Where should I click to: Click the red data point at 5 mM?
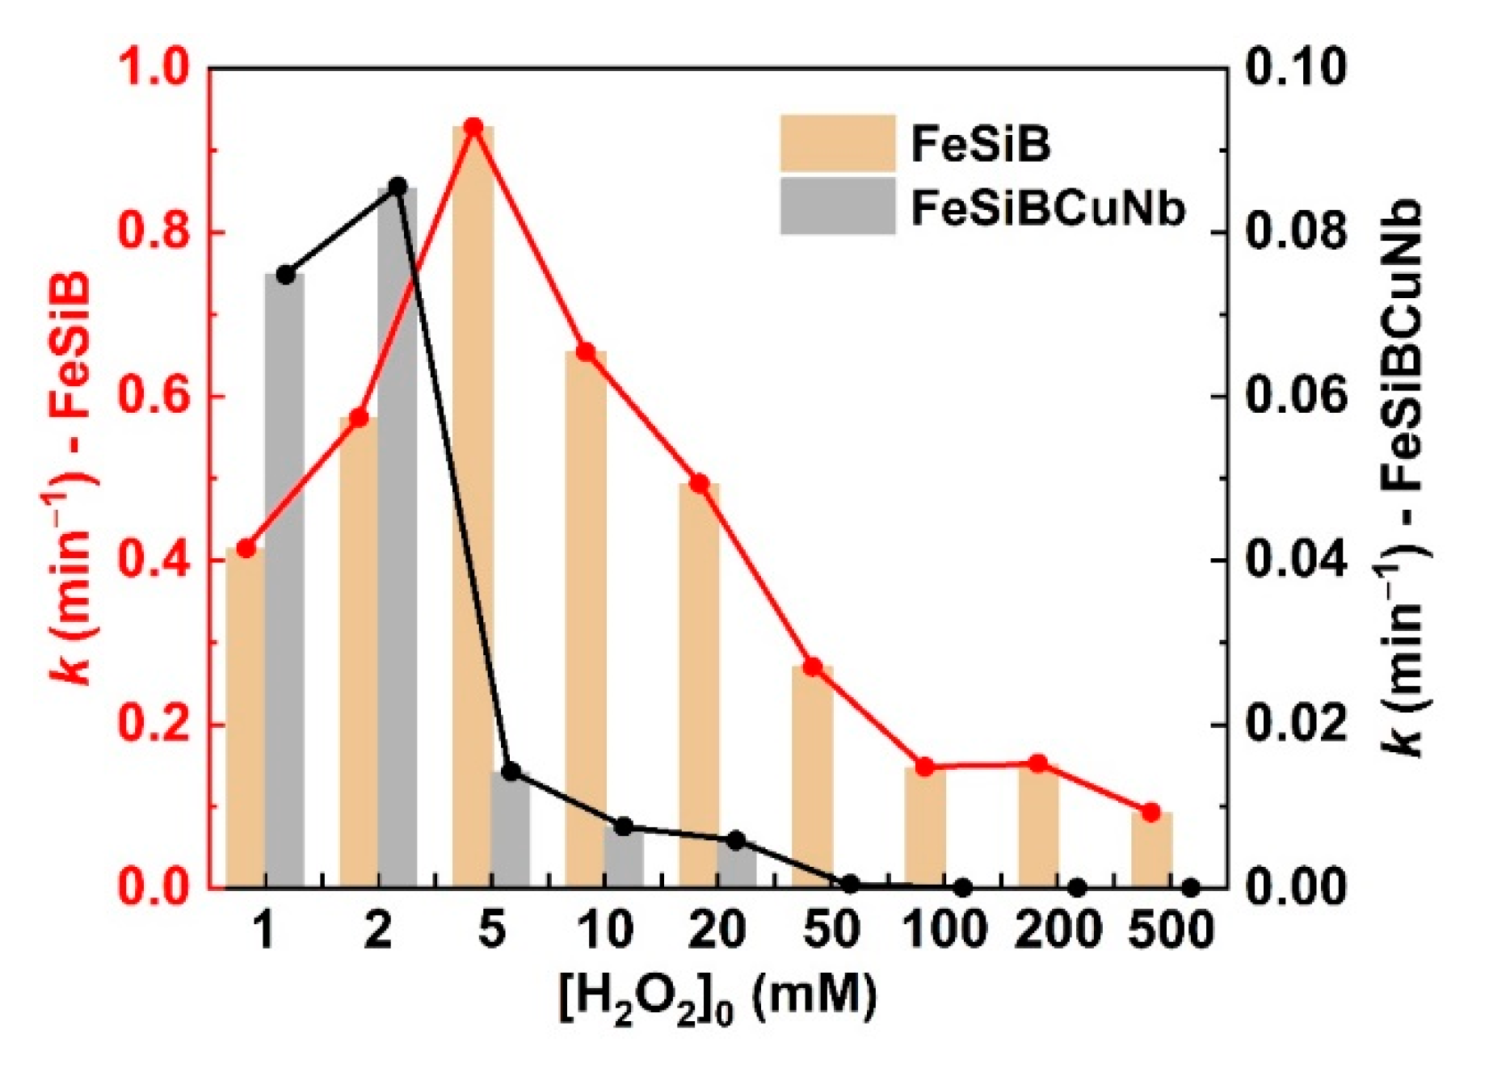point(473,128)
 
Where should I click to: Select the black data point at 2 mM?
point(397,187)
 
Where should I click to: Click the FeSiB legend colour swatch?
point(837,143)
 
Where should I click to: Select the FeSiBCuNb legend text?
point(1048,208)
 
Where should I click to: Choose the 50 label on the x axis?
point(831,929)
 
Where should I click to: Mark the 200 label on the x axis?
point(1057,929)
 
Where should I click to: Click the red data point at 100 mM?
point(925,767)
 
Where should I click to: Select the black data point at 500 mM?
point(1190,888)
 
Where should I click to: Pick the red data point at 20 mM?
point(700,484)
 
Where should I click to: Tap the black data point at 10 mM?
point(624,826)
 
